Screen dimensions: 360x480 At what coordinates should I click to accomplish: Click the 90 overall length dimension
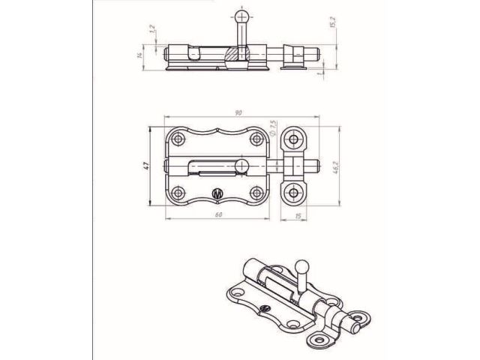pos(238,112)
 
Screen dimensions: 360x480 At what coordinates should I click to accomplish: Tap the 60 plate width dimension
pos(217,215)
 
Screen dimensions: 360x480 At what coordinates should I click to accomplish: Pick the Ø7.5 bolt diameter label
pos(274,127)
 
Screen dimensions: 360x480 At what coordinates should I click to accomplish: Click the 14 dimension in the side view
pos(139,55)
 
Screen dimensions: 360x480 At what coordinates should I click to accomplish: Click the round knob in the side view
pos(239,16)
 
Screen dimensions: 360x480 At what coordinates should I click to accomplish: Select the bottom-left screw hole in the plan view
pos(178,192)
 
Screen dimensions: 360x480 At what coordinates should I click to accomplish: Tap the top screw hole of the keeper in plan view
pos(292,139)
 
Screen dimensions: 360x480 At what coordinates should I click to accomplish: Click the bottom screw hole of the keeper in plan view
pos(292,192)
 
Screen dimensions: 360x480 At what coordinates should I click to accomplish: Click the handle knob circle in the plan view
pos(241,164)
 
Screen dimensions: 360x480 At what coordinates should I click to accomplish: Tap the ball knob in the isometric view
pos(303,265)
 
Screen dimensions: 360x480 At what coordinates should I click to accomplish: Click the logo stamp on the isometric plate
pos(263,310)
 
